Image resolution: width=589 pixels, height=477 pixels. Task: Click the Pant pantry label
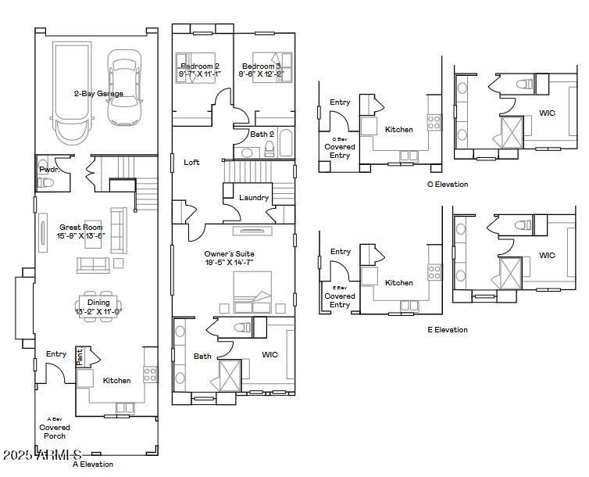click(80, 357)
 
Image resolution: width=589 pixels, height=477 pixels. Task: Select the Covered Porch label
click(55, 432)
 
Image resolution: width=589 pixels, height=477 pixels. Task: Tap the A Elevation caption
click(93, 464)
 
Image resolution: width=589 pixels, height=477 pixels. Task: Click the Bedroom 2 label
click(201, 66)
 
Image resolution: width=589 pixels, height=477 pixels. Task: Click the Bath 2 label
click(262, 134)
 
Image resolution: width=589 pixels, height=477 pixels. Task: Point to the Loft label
click(191, 163)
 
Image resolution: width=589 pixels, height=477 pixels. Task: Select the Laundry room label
click(254, 198)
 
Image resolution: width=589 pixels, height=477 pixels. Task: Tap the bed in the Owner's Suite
click(252, 292)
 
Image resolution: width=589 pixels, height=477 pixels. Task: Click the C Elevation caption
click(448, 185)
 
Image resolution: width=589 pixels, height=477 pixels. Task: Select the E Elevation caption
click(448, 330)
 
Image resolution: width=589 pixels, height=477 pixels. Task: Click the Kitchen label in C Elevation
click(399, 130)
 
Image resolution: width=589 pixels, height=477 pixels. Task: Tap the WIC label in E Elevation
click(547, 256)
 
